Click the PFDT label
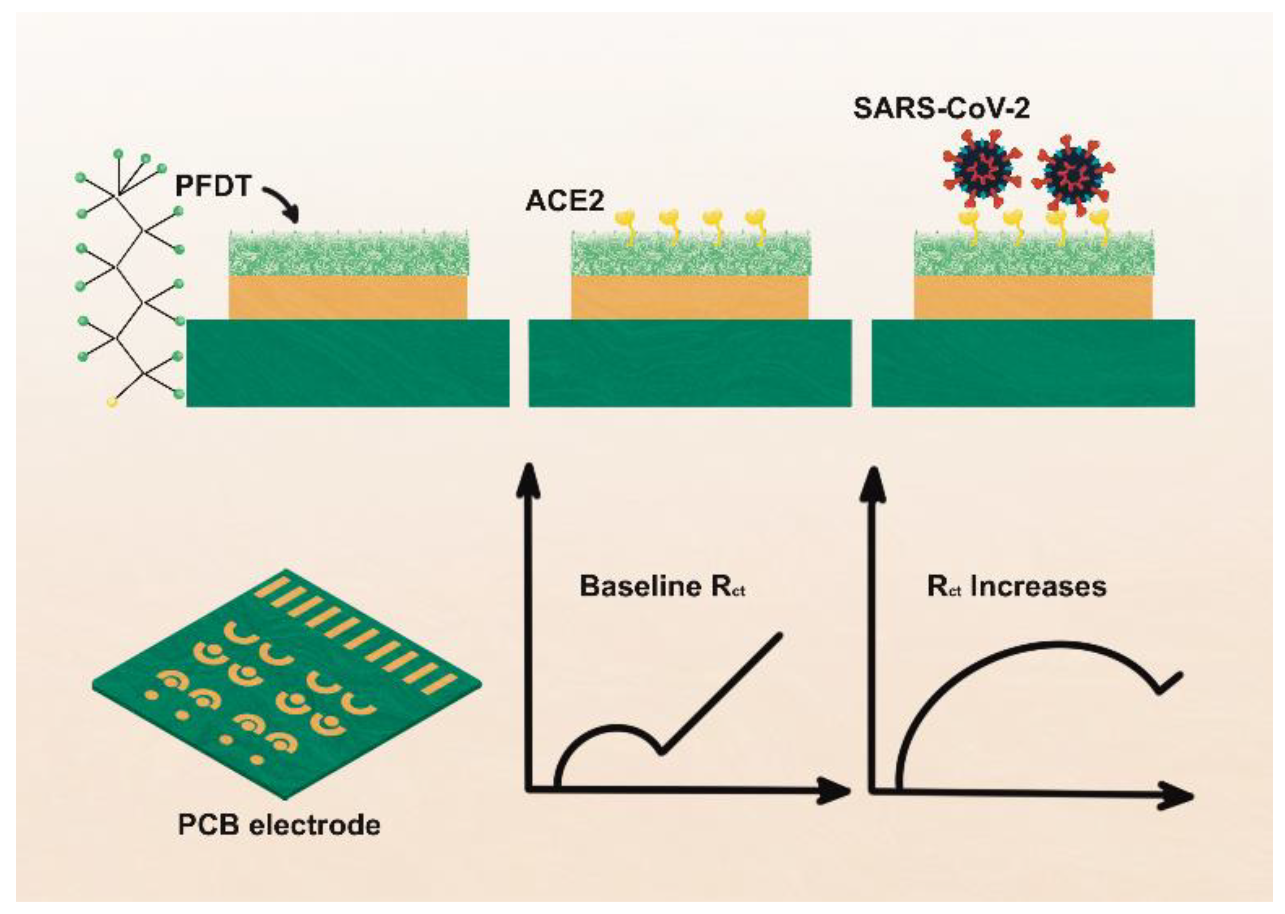tap(213, 186)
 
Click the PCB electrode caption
tap(279, 825)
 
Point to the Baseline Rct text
tap(662, 586)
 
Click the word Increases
tap(1038, 586)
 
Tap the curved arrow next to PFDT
tap(281, 206)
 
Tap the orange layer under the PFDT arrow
tap(348, 297)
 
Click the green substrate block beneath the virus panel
tap(1033, 363)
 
